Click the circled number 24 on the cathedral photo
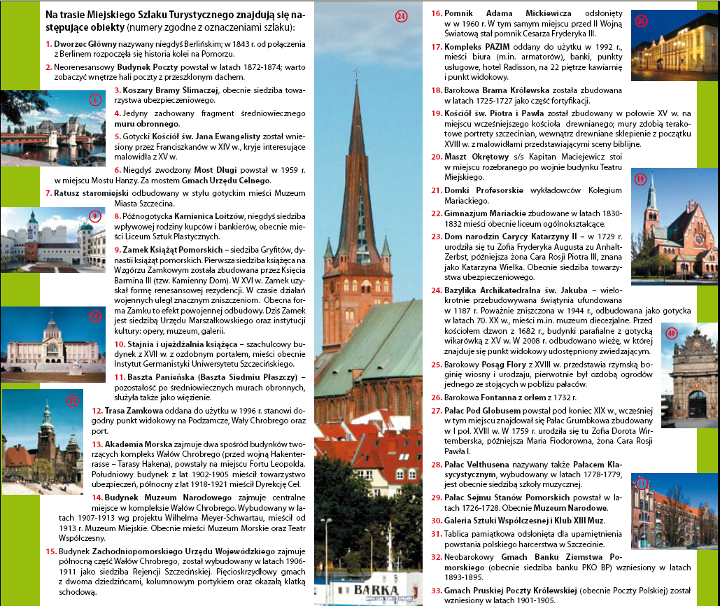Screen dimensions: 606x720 400,17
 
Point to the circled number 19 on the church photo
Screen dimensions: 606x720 640,179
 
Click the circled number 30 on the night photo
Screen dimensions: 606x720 641,21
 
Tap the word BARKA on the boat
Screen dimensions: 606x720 376,591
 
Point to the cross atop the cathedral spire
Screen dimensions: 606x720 357,72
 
